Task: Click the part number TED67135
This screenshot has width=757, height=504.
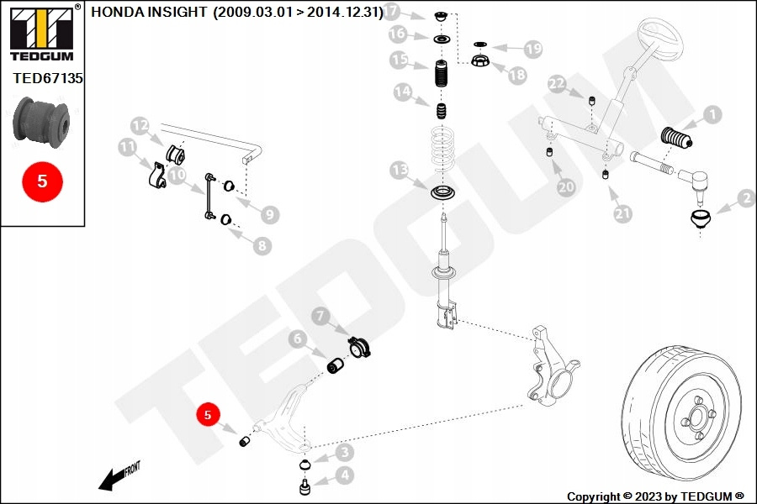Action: (48, 78)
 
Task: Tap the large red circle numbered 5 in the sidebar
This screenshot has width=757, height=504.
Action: (43, 181)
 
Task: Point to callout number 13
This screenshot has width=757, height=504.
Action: (399, 171)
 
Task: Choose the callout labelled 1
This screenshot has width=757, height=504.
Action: (712, 114)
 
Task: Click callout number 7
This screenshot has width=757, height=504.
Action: (320, 317)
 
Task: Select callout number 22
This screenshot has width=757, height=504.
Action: (557, 83)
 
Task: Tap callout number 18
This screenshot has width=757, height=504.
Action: (516, 75)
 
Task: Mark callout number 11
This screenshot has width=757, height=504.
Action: (127, 148)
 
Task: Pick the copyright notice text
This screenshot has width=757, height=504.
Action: (655, 496)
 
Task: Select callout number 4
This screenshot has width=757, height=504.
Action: (342, 475)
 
